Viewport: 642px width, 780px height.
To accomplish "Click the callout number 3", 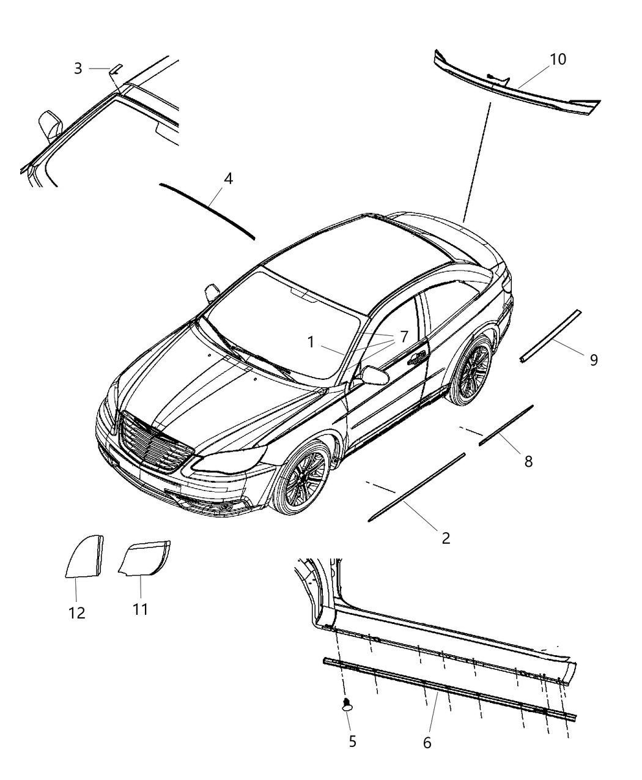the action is click(x=78, y=69).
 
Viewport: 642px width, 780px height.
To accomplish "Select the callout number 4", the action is click(x=228, y=179).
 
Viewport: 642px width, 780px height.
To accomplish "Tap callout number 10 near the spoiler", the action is click(x=558, y=59).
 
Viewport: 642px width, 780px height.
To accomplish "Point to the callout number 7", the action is click(x=404, y=336).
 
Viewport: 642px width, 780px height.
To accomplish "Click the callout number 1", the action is click(x=311, y=342).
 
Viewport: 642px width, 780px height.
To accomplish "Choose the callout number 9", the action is click(x=594, y=360).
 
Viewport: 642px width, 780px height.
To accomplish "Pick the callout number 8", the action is click(x=528, y=462).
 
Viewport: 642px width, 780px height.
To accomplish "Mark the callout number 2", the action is click(x=446, y=538).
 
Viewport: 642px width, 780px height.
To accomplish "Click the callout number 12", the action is click(x=77, y=613).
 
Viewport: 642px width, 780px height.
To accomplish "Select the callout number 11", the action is click(x=141, y=609).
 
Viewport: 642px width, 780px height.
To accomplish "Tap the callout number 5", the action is click(x=353, y=741).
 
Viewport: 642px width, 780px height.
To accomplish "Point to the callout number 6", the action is click(x=427, y=743).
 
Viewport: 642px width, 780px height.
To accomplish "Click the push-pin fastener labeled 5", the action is click(x=347, y=704).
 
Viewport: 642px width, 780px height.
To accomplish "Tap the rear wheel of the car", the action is click(x=470, y=370).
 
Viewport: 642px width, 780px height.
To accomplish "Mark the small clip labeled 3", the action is click(x=116, y=69).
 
